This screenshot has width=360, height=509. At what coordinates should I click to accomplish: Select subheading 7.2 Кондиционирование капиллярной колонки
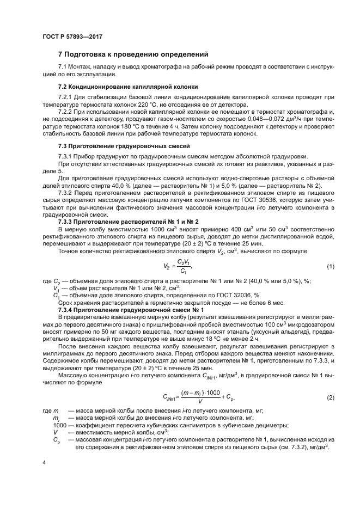127,87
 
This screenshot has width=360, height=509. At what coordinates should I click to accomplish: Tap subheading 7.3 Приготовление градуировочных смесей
124,146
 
